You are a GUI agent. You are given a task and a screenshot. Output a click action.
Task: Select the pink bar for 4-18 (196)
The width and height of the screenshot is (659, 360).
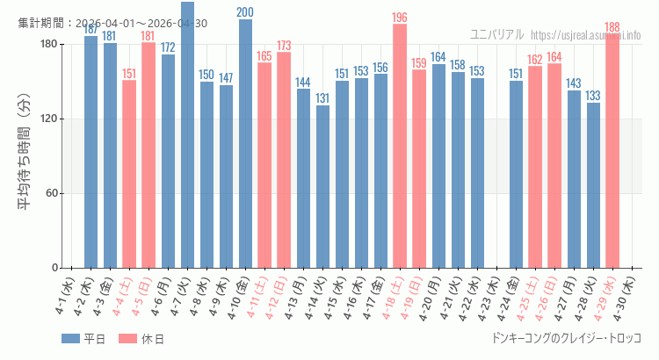(x=400, y=146)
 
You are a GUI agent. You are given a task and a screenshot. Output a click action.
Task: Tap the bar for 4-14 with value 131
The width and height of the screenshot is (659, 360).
(x=322, y=186)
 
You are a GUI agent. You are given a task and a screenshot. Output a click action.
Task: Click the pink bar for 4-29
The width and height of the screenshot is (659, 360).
(x=612, y=151)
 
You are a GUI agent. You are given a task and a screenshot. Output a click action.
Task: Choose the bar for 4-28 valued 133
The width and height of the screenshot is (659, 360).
(x=593, y=185)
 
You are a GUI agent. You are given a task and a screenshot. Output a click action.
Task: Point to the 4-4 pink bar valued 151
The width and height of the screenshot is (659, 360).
(x=129, y=174)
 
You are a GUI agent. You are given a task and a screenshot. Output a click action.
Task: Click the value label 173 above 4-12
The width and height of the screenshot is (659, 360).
(x=284, y=46)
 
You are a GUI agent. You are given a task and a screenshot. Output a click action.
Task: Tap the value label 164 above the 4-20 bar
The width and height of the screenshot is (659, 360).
(x=438, y=57)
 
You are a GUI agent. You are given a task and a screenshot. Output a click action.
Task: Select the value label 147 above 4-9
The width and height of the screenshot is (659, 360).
(x=226, y=78)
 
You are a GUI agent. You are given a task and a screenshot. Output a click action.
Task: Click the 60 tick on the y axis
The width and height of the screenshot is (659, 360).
(x=52, y=193)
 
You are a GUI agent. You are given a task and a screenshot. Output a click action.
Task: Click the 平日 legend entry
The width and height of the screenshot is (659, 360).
(x=84, y=339)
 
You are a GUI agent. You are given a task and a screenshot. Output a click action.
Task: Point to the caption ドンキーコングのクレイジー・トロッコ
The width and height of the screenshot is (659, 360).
(x=566, y=338)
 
